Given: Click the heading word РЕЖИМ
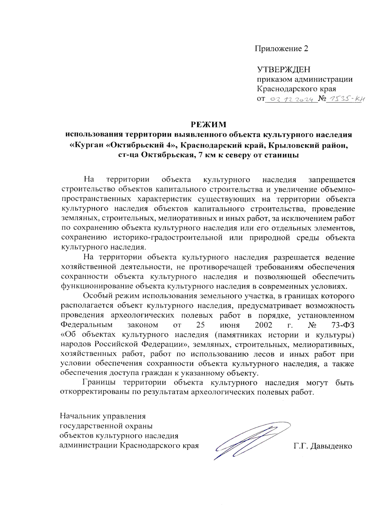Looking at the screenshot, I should (208, 125).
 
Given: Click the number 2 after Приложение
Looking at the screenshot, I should (305, 49).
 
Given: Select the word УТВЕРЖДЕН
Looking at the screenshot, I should (283, 70).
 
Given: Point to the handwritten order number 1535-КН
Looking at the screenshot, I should (345, 99).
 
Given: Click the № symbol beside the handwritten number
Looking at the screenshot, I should (322, 99).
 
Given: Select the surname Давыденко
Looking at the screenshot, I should (331, 446).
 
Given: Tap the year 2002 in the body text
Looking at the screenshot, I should (264, 325).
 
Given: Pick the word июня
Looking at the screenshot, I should (229, 325).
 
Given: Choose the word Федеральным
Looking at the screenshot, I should (86, 325).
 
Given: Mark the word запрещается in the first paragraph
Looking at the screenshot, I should (331, 180).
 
